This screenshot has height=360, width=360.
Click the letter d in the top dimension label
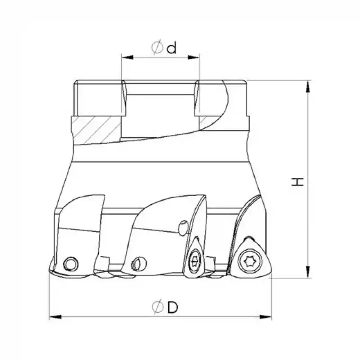(171, 48)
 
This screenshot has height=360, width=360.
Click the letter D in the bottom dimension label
(171, 308)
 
